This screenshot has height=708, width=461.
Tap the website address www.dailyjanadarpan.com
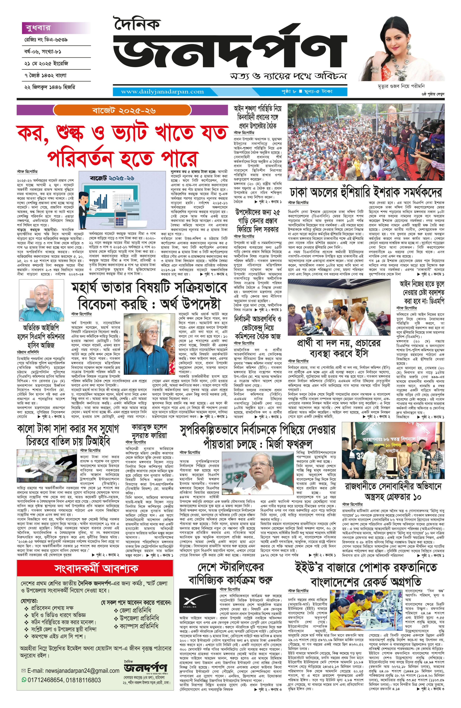[162, 92]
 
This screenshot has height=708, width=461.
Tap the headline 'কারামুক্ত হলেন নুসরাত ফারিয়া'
[149, 431]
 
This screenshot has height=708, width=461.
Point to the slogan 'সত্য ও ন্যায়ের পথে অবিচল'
[288, 76]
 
